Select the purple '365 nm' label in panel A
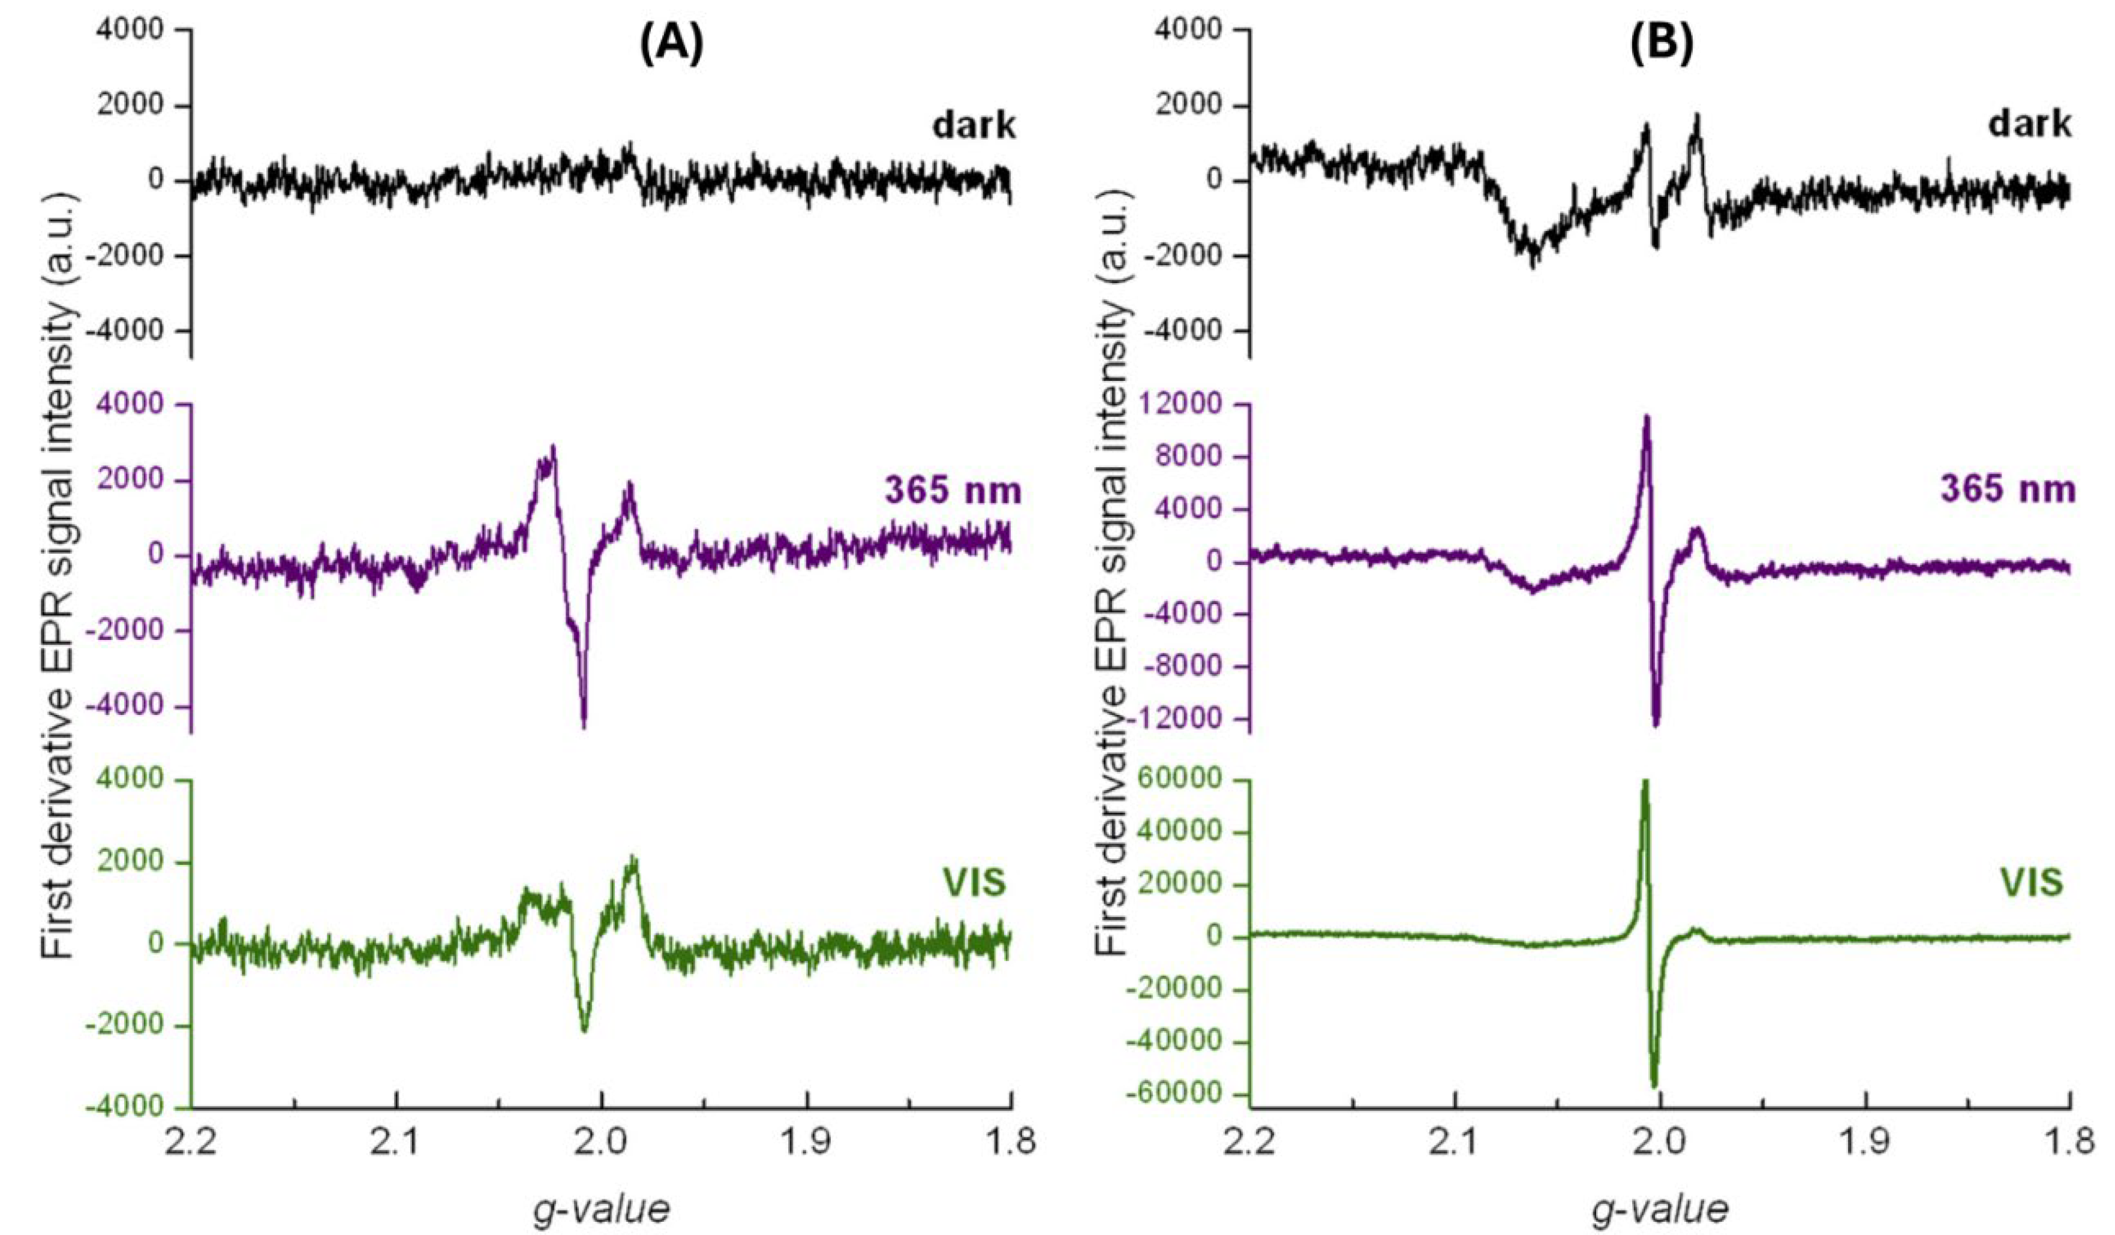tap(953, 491)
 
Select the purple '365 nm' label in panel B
tap(2008, 491)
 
